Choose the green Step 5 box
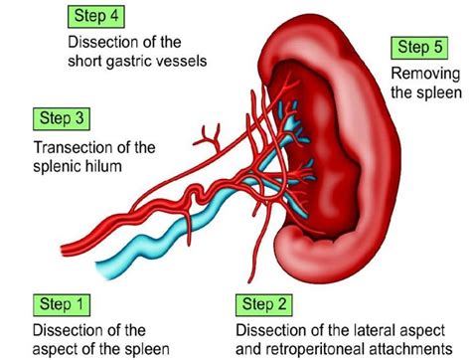422,48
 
